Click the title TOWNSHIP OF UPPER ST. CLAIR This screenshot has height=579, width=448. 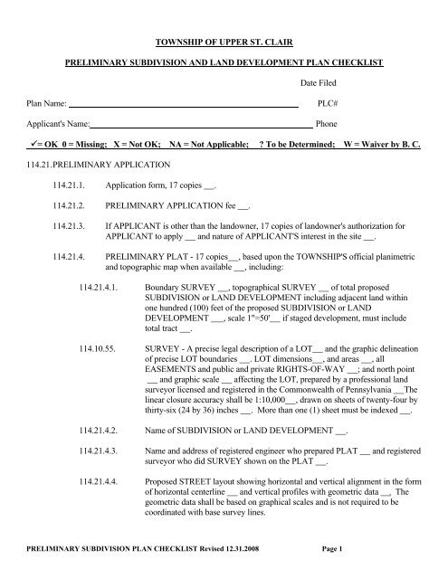223,42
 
